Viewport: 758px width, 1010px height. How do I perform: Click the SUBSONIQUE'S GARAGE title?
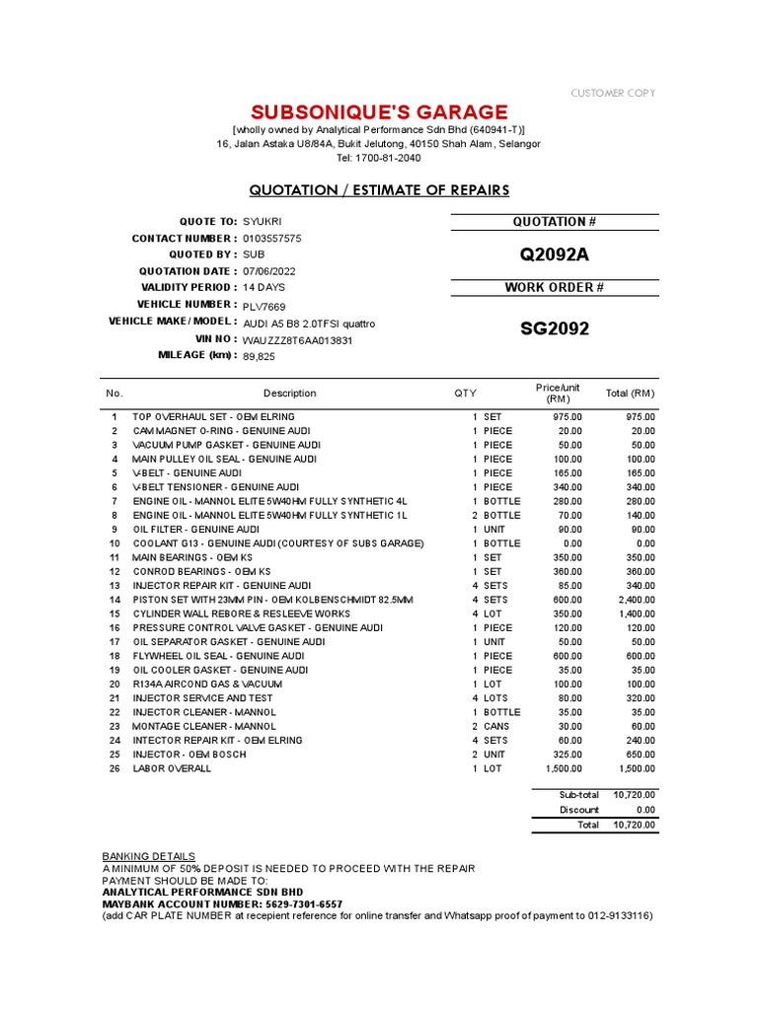(379, 111)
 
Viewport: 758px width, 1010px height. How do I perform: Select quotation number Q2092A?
(554, 255)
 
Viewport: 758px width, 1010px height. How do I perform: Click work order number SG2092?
(554, 328)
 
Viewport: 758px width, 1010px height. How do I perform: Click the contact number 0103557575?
(272, 239)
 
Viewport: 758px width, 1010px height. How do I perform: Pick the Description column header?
(289, 393)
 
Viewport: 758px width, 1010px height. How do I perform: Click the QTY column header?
(464, 393)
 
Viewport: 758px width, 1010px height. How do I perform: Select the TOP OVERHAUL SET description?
(200, 417)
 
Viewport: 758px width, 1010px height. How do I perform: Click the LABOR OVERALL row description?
(172, 768)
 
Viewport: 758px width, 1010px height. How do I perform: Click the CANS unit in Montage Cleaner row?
(497, 726)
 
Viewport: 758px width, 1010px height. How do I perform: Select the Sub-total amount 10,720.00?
(635, 794)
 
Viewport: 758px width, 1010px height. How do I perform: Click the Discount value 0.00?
(645, 810)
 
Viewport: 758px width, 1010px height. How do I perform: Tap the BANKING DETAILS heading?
(148, 855)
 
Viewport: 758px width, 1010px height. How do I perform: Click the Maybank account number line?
(223, 903)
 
